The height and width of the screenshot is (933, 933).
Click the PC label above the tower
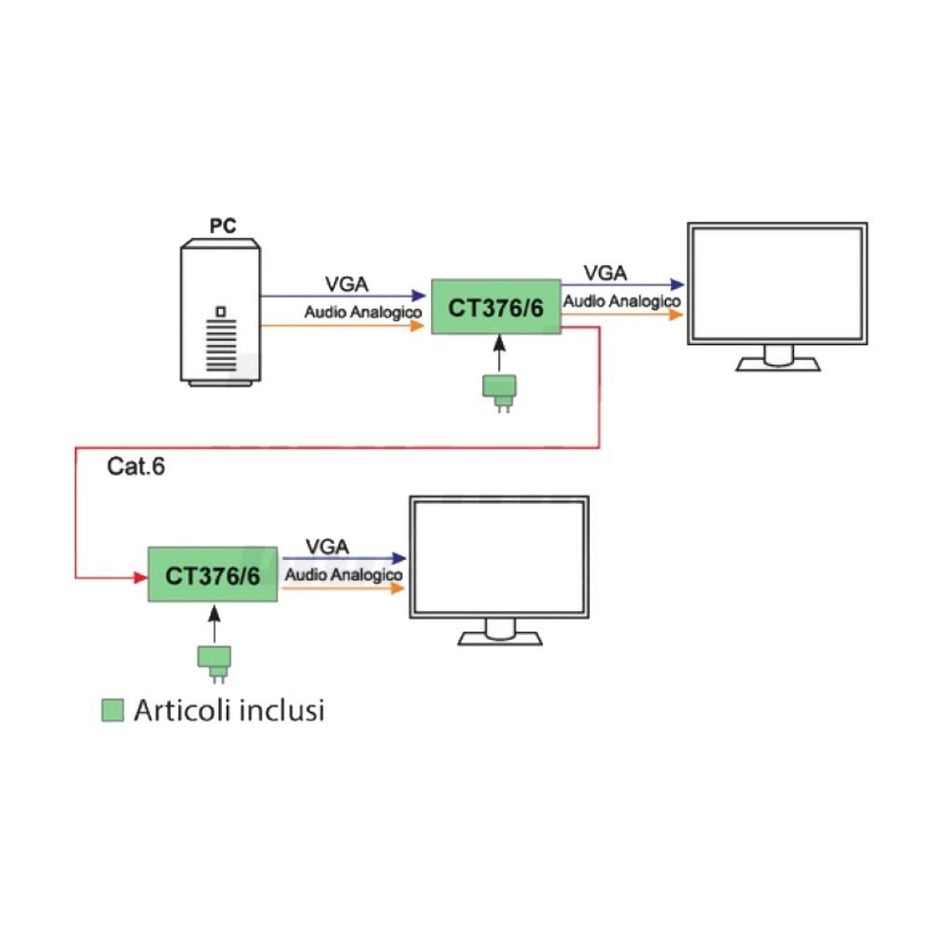pyautogui.click(x=221, y=227)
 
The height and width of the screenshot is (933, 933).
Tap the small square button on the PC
pyautogui.click(x=221, y=311)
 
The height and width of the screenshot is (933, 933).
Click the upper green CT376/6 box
pyautogui.click(x=495, y=307)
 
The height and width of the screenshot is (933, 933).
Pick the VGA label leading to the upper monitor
pyautogui.click(x=606, y=272)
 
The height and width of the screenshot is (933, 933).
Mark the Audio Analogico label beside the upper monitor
pyautogui.click(x=621, y=301)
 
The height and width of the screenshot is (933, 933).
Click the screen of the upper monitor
pyautogui.click(x=777, y=283)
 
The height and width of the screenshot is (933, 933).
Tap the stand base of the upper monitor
pyautogui.click(x=777, y=365)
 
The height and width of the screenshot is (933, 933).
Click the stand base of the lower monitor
pyautogui.click(x=500, y=638)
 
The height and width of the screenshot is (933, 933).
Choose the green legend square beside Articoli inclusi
pyautogui.click(x=112, y=712)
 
